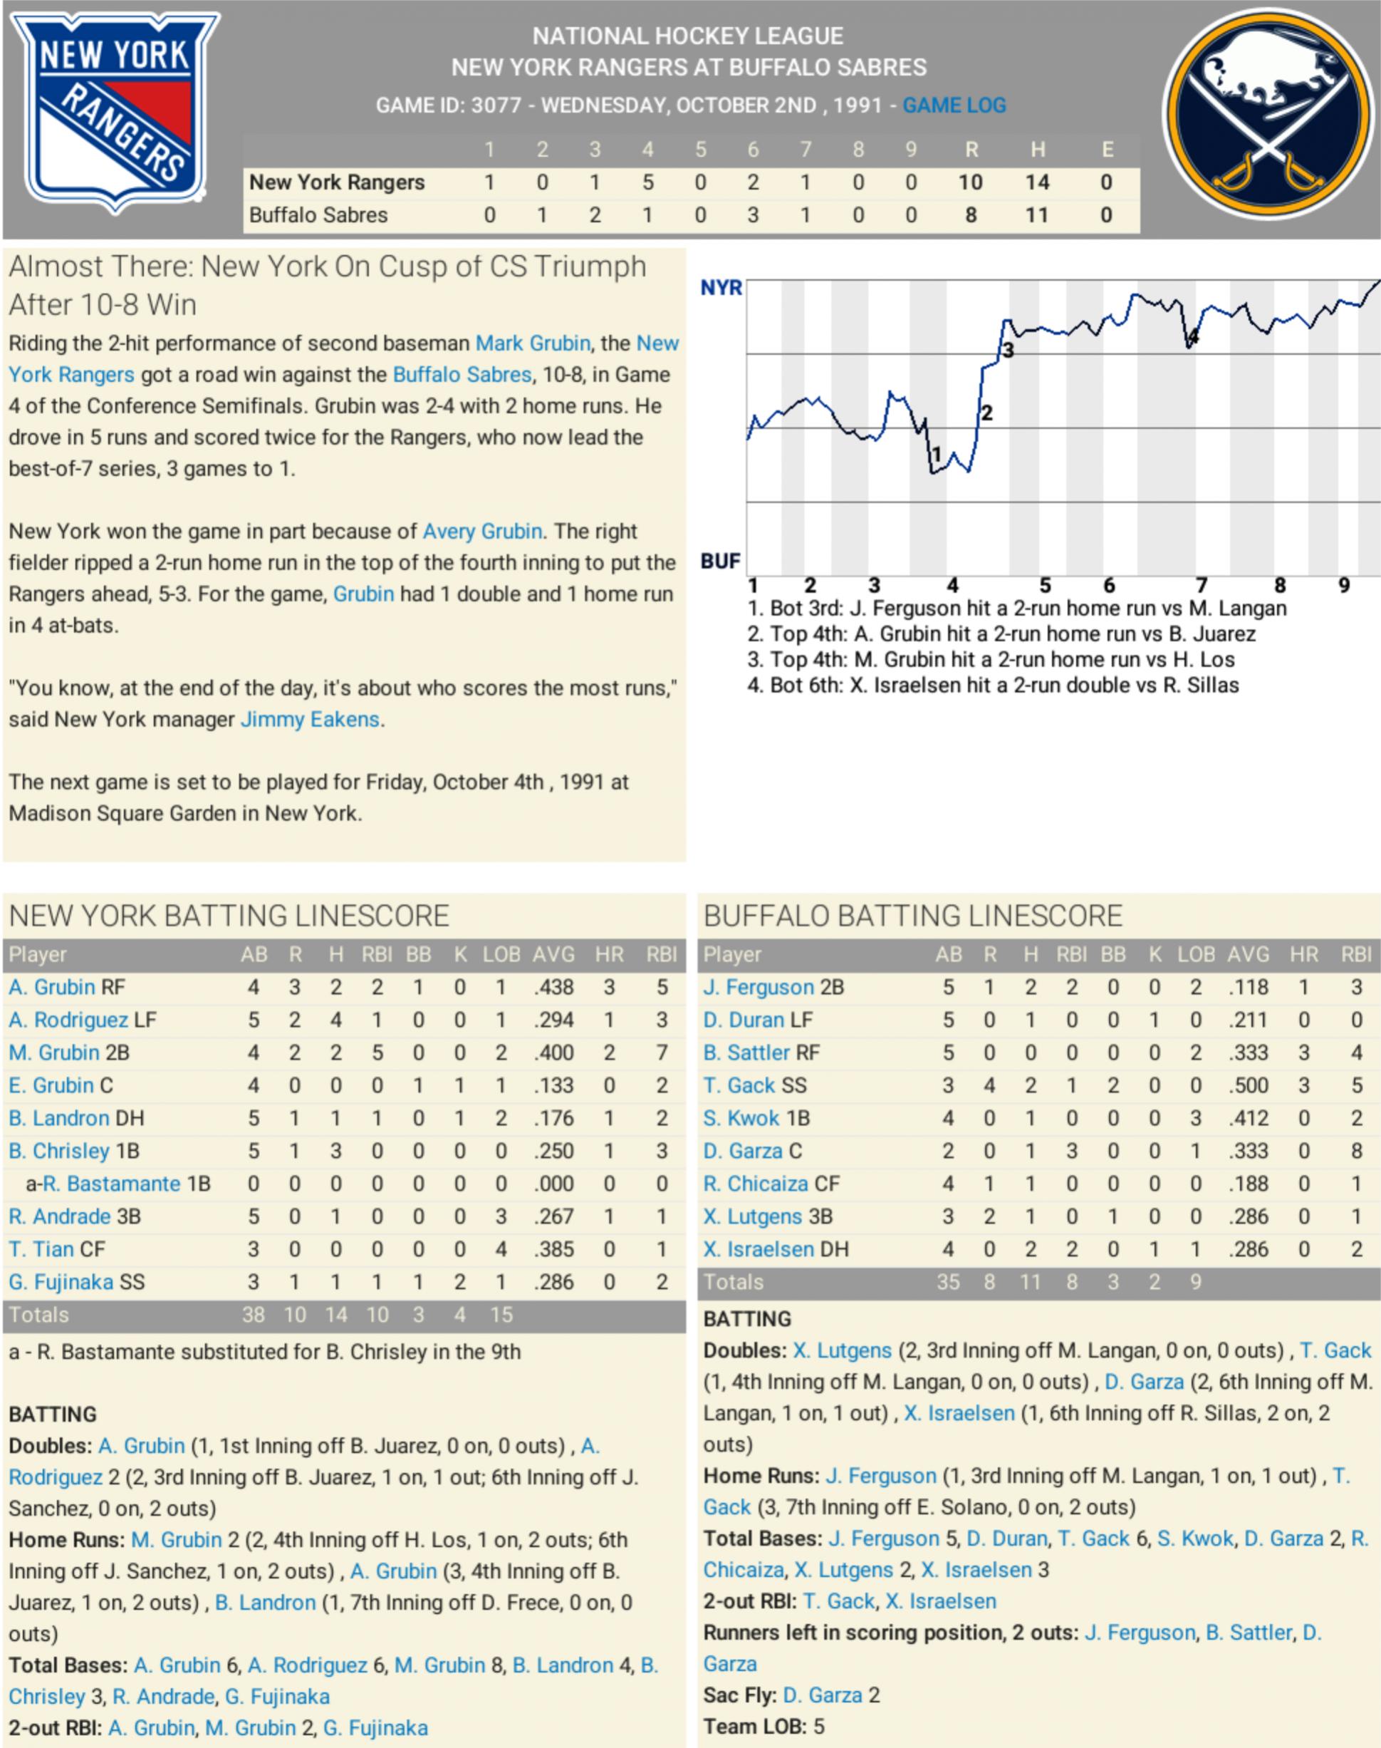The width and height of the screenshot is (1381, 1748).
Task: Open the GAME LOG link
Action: click(x=954, y=105)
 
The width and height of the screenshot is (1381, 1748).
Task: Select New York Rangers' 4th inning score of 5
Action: click(x=647, y=183)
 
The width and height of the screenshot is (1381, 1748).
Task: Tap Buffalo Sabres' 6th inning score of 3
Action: click(x=753, y=215)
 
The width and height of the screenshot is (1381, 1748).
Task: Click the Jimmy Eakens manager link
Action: click(x=310, y=719)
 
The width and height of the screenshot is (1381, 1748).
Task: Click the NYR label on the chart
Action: click(x=721, y=288)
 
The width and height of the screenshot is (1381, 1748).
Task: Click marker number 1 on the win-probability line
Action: click(x=937, y=455)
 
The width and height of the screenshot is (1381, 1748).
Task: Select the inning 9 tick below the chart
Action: click(x=1344, y=585)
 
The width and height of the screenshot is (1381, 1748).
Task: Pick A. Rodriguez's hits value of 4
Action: click(x=336, y=1020)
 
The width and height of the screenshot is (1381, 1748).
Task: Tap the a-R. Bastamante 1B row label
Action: click(x=118, y=1184)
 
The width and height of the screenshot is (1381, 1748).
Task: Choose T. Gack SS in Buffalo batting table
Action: click(x=754, y=1085)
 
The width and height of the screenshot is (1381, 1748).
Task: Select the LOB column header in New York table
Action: click(x=501, y=954)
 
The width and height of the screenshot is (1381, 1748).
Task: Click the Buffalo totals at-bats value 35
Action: click(x=948, y=1282)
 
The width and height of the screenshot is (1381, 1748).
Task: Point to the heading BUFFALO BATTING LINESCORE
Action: click(x=913, y=916)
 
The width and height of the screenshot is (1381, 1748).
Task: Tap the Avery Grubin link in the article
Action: click(x=482, y=532)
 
